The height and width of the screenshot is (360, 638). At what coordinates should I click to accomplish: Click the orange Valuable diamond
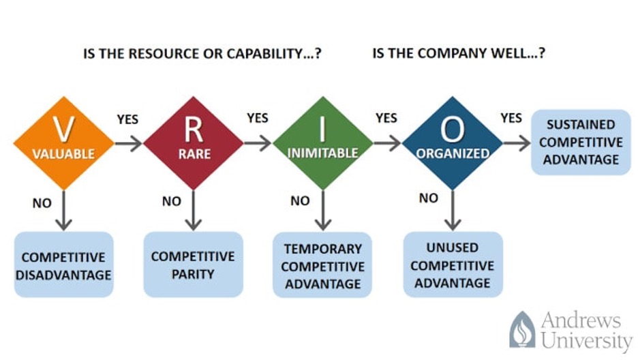tap(64, 143)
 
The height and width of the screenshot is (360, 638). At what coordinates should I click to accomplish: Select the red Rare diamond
tap(194, 143)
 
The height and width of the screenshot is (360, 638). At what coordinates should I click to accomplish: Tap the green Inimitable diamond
tap(322, 143)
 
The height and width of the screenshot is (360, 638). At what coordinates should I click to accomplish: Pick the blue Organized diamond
tap(452, 143)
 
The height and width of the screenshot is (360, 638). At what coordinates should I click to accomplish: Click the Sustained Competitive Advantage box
tap(581, 142)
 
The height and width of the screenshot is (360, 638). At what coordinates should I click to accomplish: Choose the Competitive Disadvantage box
tap(64, 265)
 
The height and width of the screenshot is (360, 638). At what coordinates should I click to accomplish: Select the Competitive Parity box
tap(194, 265)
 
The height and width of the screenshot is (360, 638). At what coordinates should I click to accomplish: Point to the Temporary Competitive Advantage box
tap(322, 265)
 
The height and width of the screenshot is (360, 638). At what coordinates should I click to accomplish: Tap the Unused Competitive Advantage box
tap(453, 265)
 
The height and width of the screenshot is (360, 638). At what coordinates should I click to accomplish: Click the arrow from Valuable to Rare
tap(129, 143)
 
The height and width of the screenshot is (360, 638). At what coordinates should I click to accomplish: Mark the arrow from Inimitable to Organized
tap(387, 143)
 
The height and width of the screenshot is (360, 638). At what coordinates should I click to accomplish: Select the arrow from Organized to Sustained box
tap(517, 143)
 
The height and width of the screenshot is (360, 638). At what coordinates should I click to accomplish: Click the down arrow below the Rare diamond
tap(194, 210)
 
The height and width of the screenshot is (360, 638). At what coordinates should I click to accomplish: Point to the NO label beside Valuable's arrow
tap(42, 203)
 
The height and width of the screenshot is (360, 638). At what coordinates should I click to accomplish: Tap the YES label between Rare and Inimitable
tap(258, 118)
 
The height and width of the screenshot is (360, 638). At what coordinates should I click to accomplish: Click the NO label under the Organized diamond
tap(429, 198)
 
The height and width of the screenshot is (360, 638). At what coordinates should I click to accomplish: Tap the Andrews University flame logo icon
tap(522, 329)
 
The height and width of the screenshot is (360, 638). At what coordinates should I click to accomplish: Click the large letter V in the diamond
tap(64, 129)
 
